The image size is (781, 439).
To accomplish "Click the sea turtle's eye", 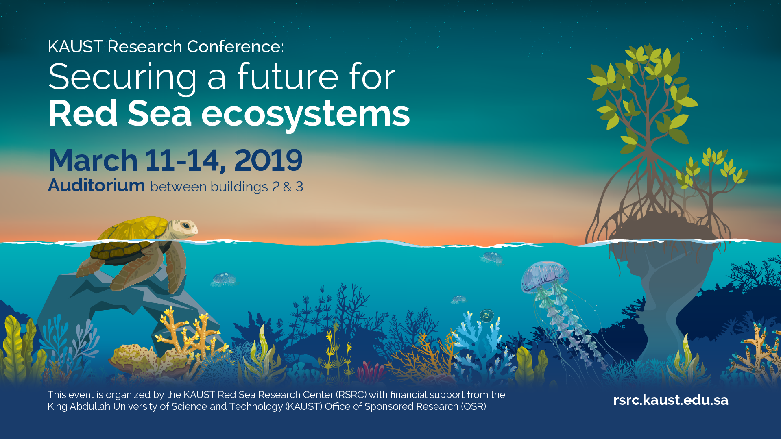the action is (x=185, y=225).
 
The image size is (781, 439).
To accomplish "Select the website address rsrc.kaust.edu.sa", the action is (x=671, y=400).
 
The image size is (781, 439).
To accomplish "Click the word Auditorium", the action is (x=96, y=185).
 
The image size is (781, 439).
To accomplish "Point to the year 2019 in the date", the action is (x=268, y=160).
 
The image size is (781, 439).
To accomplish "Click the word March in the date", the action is (x=93, y=160).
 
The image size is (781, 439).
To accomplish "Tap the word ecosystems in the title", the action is (x=305, y=114).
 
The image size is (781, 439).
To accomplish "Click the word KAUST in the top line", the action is (x=75, y=47).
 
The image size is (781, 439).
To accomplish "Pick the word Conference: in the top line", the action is (x=235, y=47).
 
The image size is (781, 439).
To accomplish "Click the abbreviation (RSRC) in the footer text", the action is (x=351, y=395).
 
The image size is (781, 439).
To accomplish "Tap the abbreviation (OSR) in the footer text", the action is (x=473, y=406).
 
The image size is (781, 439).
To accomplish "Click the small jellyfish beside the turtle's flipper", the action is (x=223, y=279).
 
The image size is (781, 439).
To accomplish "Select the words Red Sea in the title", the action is (x=120, y=114).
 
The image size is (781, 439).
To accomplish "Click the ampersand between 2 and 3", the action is (x=287, y=187).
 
